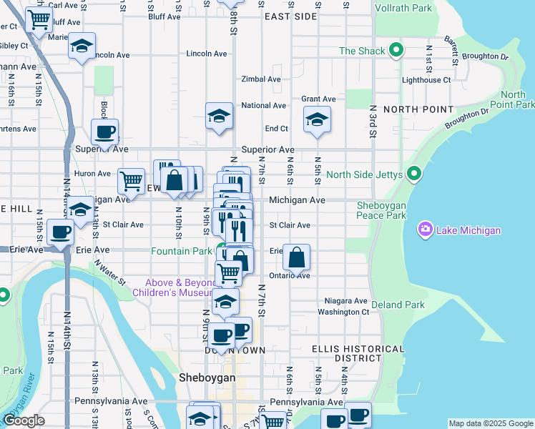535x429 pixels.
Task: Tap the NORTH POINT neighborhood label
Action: tap(418, 109)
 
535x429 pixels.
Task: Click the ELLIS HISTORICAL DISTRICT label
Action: tap(347, 353)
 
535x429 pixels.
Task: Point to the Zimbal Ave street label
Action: tap(260, 79)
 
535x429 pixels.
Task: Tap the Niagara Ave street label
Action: tap(345, 301)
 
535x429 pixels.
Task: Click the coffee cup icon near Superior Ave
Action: tap(105, 132)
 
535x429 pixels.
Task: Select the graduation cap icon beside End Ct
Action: tap(317, 119)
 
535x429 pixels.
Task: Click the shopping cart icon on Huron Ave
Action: tap(131, 181)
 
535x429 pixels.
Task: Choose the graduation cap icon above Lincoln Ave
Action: tap(82, 46)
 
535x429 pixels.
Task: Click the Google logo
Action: tap(24, 421)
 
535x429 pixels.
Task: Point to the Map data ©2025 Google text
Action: tap(490, 423)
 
